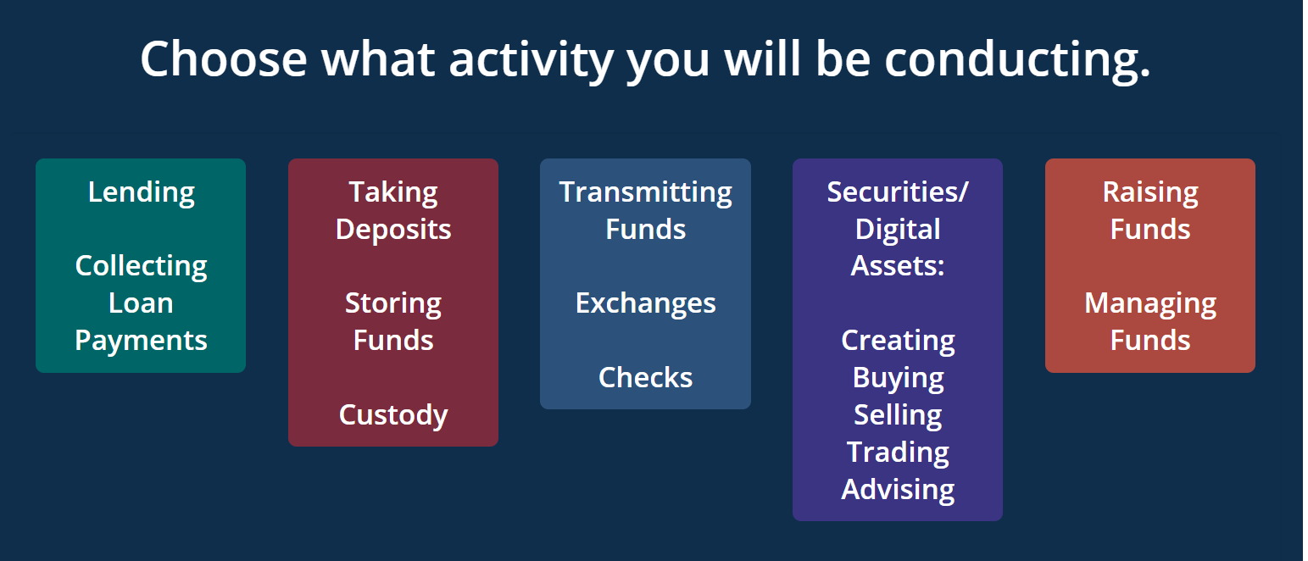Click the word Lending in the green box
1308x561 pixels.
pyautogui.click(x=142, y=193)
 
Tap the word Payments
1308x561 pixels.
pyautogui.click(x=142, y=341)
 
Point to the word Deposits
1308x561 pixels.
pyautogui.click(x=393, y=230)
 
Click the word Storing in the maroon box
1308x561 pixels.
pyautogui.click(x=393, y=304)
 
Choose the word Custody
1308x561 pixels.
pyautogui.click(x=393, y=415)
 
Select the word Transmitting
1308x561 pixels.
pyautogui.click(x=645, y=193)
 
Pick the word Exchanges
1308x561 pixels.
pyautogui.click(x=645, y=304)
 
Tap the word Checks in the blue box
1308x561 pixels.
pyautogui.click(x=645, y=378)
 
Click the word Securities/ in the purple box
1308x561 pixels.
pyautogui.click(x=898, y=192)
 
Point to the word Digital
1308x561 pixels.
pyautogui.click(x=898, y=230)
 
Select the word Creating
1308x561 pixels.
pyautogui.click(x=898, y=342)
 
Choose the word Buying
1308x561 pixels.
pyautogui.click(x=898, y=379)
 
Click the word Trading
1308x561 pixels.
pyautogui.click(x=898, y=453)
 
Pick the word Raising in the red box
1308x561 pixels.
pyautogui.click(x=1149, y=193)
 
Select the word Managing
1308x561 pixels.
pyautogui.click(x=1149, y=304)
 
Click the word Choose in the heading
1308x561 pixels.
pyautogui.click(x=224, y=59)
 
